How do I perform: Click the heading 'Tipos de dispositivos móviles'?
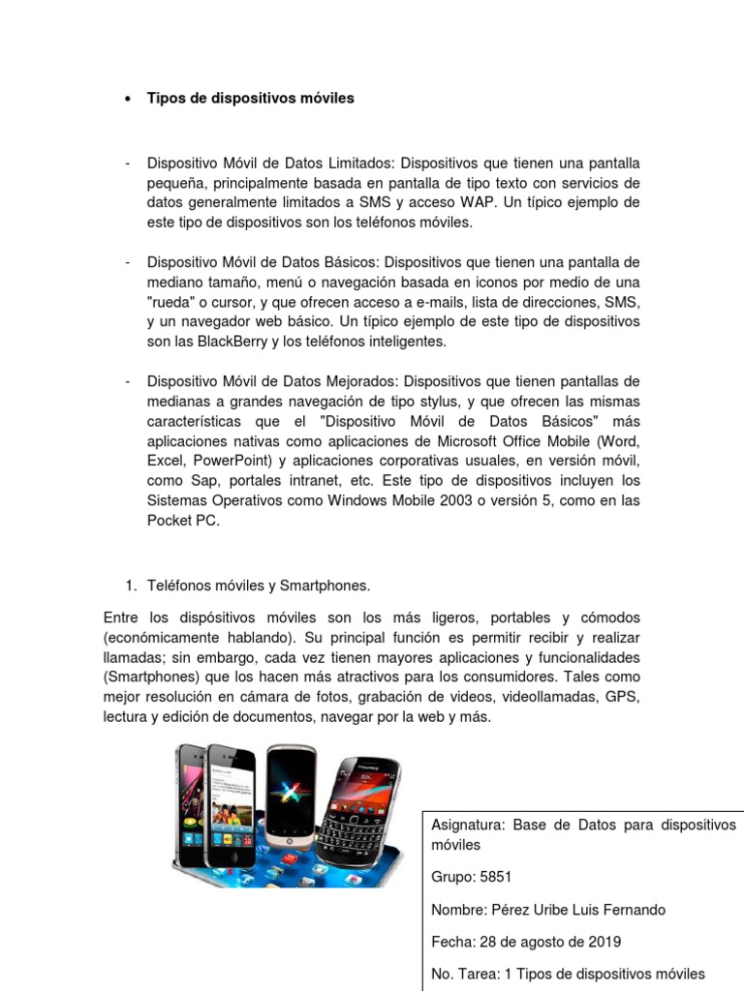250,98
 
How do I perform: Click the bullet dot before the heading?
128,99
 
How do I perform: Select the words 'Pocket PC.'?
184,521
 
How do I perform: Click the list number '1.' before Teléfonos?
132,586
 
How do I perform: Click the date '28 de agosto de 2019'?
566,942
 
